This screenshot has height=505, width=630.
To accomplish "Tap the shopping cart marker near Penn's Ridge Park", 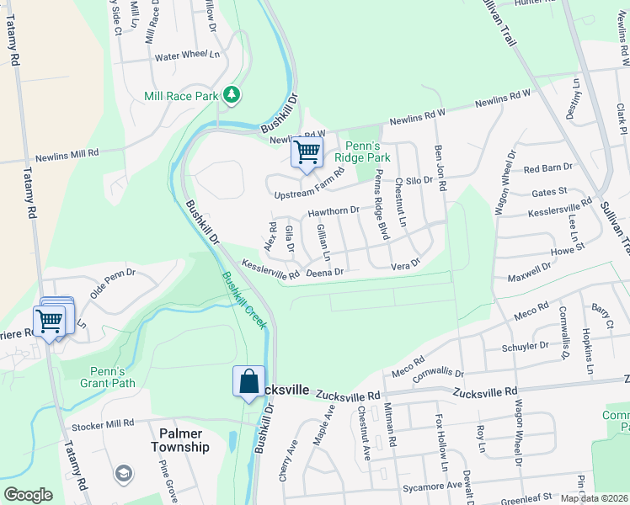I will (307, 153).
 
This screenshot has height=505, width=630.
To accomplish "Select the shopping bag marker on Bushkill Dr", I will (249, 382).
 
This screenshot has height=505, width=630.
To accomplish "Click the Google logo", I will (28, 495).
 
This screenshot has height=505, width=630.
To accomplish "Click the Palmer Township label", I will (179, 440).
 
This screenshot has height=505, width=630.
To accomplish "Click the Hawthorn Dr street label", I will (334, 211).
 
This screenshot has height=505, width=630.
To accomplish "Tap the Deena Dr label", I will (325, 272).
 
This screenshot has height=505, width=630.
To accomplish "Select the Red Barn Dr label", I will (547, 168).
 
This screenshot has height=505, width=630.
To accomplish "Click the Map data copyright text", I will (594, 498).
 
